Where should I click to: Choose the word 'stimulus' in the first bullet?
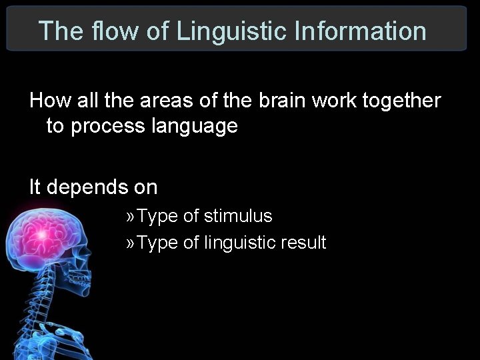238,216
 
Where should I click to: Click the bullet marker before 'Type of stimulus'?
131,217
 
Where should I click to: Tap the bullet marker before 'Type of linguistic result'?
131,243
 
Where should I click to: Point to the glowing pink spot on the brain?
41,235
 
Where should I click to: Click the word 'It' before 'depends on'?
35,187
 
